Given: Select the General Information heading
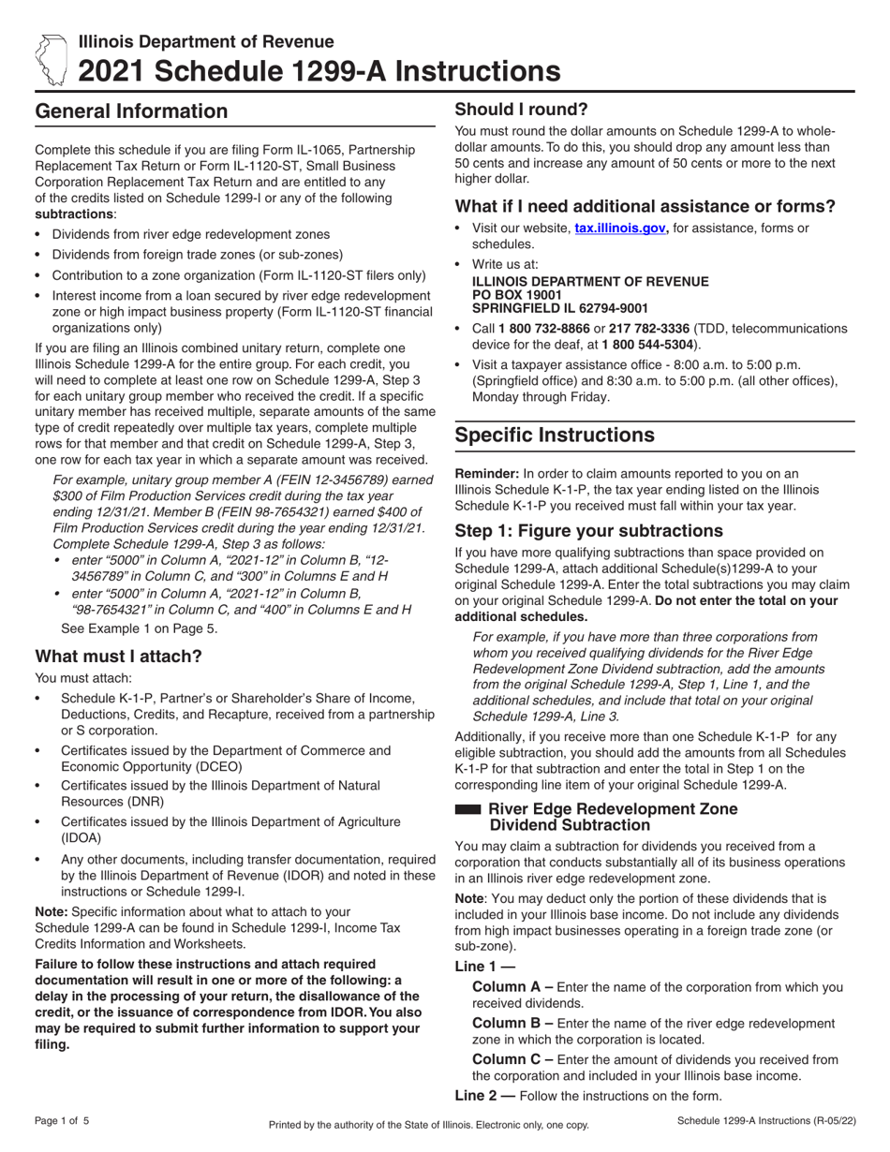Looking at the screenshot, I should [x=131, y=111].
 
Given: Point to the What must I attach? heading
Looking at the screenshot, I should [x=118, y=656].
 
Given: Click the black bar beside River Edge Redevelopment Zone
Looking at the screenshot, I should [x=467, y=808].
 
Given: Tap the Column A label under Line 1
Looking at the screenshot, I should [x=512, y=986].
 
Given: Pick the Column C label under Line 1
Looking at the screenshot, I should [x=512, y=1059].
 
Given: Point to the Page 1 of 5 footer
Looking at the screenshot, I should [x=63, y=1120].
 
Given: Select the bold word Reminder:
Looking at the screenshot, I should [x=486, y=473].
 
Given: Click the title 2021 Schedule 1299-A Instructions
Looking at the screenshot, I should [x=319, y=71].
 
